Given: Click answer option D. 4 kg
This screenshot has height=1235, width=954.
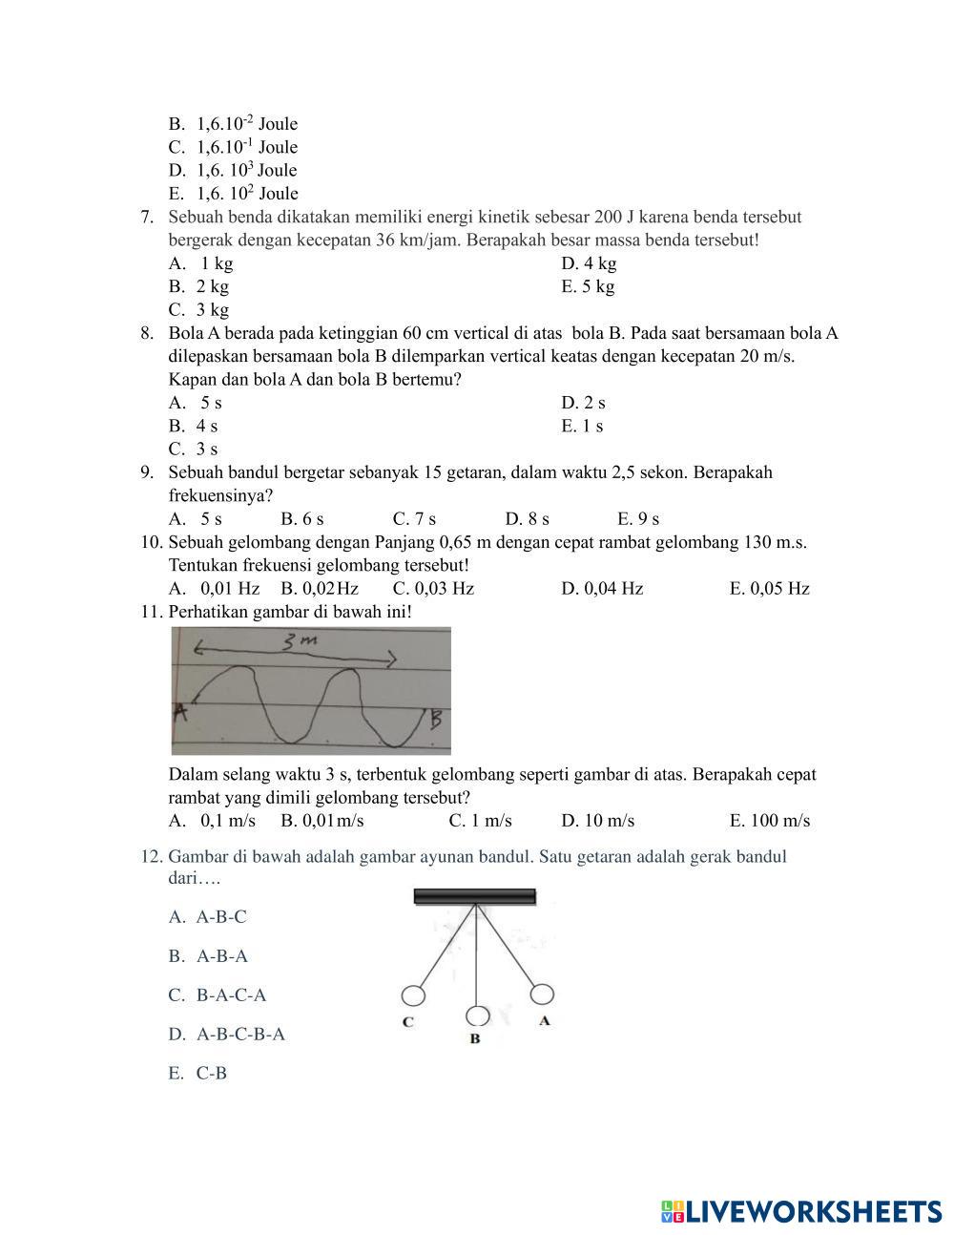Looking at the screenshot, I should [x=589, y=263].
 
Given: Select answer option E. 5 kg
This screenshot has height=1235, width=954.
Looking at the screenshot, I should [x=588, y=286].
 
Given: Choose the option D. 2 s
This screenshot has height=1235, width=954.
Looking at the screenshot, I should [x=583, y=403].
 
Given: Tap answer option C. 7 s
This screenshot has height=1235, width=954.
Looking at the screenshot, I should [x=414, y=519].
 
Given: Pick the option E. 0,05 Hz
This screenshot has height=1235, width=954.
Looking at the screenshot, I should [x=769, y=589].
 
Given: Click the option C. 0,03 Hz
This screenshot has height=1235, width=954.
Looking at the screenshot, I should [x=433, y=589].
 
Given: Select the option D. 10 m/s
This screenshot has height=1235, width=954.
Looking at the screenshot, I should [x=597, y=821].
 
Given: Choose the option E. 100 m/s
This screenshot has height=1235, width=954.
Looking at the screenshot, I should [x=769, y=821].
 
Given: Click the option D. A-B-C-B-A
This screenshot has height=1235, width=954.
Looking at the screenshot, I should [x=227, y=1034].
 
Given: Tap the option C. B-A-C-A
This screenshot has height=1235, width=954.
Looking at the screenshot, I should [x=218, y=994].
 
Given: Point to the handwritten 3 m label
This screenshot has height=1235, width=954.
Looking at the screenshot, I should [x=298, y=643].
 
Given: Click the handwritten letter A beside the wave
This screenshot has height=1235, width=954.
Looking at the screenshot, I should [x=180, y=711].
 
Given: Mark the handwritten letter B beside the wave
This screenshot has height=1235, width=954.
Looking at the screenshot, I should [x=436, y=718].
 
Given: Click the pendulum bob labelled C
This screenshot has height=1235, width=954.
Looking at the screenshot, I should [x=412, y=996].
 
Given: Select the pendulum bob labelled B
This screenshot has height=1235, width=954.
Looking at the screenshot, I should [x=477, y=1017].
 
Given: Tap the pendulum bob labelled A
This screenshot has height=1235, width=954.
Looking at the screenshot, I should [x=542, y=994].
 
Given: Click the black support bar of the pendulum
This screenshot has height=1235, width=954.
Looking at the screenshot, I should [x=474, y=896].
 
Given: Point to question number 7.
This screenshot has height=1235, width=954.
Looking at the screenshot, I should [x=147, y=217].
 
